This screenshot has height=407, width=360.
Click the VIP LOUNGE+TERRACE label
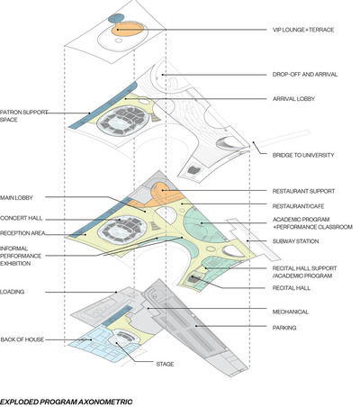(303, 30)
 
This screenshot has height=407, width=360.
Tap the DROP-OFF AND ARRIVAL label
(305, 75)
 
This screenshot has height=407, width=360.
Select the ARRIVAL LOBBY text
(293, 99)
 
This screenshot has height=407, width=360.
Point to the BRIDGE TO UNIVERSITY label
(303, 155)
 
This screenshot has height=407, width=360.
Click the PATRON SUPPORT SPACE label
(23, 116)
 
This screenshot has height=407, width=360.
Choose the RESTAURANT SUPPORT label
(303, 191)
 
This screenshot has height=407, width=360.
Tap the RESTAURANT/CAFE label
(298, 206)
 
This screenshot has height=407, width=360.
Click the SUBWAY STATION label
(295, 241)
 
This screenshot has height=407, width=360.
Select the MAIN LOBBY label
(16, 198)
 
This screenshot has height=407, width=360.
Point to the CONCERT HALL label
(22, 218)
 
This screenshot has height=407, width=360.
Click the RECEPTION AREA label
(22, 233)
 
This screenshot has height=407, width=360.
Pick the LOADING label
(12, 292)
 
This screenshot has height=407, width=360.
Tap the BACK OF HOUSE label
(22, 339)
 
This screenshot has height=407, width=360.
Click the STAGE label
(165, 364)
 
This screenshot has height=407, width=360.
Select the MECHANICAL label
(290, 312)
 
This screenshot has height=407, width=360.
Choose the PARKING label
(284, 328)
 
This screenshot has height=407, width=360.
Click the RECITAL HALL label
(292, 288)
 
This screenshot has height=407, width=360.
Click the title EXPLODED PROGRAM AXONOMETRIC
(66, 402)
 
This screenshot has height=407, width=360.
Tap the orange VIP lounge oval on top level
(128, 30)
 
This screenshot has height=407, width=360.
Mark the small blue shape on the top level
(115, 18)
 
